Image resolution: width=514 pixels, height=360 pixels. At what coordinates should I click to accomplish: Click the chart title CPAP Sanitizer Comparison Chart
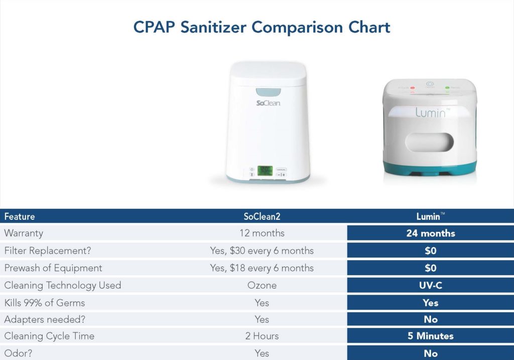pyautogui.click(x=262, y=27)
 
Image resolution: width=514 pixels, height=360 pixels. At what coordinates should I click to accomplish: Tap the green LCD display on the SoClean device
pyautogui.click(x=265, y=171)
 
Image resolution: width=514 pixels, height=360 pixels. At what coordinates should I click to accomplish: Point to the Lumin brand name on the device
pyautogui.click(x=430, y=112)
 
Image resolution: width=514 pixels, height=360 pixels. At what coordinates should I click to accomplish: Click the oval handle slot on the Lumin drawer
pyautogui.click(x=429, y=142)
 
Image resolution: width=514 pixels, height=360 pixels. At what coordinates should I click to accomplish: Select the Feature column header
pyautogui.click(x=20, y=217)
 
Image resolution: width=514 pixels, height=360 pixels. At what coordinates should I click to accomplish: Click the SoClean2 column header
pyautogui.click(x=262, y=217)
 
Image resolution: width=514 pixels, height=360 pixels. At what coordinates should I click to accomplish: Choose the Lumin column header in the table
pyautogui.click(x=430, y=217)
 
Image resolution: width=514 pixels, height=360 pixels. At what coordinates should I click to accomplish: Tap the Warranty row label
pyautogui.click(x=24, y=233)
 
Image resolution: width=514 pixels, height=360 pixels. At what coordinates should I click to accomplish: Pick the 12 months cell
pyautogui.click(x=262, y=233)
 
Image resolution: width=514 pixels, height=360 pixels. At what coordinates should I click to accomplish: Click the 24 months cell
pyautogui.click(x=430, y=233)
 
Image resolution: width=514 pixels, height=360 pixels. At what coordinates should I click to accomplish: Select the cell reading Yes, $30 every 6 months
pyautogui.click(x=262, y=251)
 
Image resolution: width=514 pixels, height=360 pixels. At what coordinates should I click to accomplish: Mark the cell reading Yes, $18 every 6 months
pyautogui.click(x=262, y=268)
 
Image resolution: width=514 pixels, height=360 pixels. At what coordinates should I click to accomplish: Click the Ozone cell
pyautogui.click(x=262, y=285)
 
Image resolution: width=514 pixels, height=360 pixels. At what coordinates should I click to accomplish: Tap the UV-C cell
pyautogui.click(x=430, y=285)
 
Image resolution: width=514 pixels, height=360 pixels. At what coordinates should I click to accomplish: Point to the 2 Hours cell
pyautogui.click(x=262, y=336)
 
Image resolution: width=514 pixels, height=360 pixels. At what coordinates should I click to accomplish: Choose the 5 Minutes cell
pyautogui.click(x=430, y=336)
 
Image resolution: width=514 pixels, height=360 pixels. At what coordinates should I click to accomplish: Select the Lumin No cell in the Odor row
pyautogui.click(x=430, y=353)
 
